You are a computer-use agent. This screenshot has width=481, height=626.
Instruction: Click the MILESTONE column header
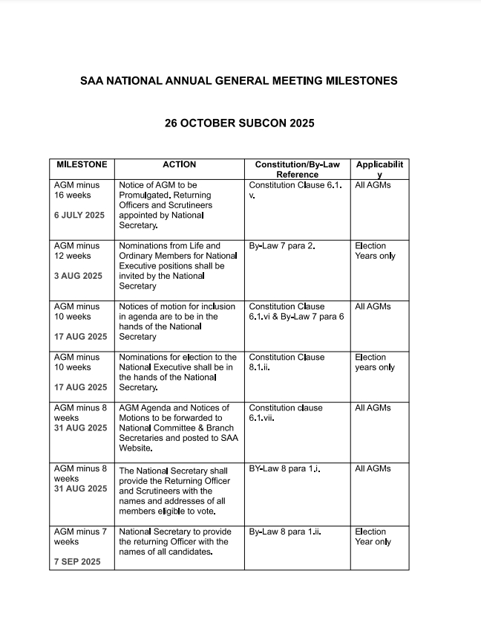[x=82, y=164]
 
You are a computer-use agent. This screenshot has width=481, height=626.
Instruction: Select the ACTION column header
[x=179, y=164]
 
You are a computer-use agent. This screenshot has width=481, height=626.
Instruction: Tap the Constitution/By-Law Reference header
[x=297, y=170]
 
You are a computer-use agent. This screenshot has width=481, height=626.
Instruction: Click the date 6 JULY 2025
[x=79, y=215]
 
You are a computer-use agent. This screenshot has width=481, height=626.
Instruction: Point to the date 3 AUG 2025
[x=78, y=276]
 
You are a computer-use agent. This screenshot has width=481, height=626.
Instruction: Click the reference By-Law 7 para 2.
[x=282, y=246]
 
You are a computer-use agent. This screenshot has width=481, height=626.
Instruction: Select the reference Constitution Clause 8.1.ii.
[x=287, y=362]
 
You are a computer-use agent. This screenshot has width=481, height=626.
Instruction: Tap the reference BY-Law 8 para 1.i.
[x=284, y=469]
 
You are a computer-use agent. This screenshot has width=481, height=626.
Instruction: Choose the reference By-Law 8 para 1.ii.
[x=284, y=532]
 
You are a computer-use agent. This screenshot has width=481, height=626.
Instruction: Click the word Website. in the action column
[x=136, y=448]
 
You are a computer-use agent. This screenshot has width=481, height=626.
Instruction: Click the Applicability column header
[x=379, y=170]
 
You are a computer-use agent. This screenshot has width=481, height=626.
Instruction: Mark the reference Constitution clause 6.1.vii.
[x=286, y=413]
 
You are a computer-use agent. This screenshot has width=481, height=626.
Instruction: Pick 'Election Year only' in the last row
[x=373, y=537]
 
